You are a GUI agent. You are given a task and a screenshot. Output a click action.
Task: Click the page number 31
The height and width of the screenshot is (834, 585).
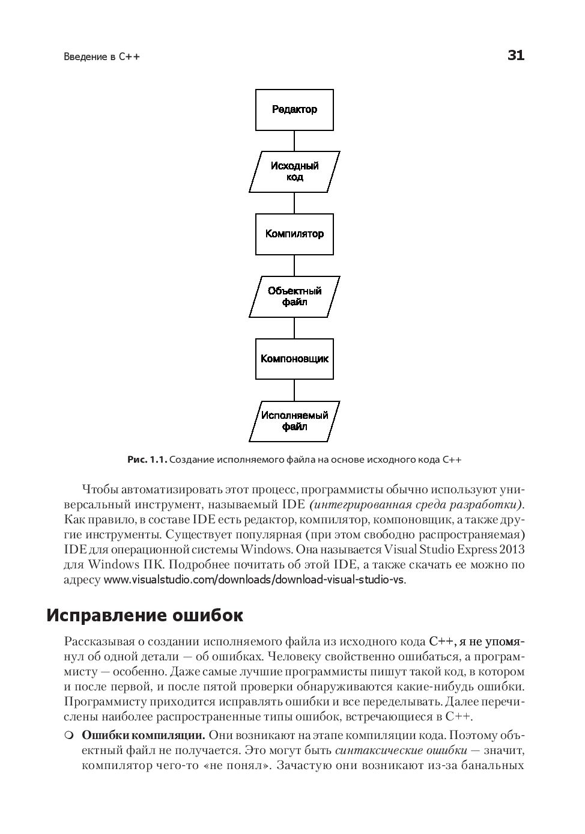[x=515, y=56]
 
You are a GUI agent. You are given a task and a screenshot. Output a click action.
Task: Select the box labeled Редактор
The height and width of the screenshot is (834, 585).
[x=294, y=110]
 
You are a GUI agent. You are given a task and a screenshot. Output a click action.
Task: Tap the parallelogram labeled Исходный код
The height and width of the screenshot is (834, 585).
[x=294, y=172]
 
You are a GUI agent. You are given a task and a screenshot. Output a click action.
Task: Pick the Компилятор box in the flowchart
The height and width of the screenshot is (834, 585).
[x=294, y=234]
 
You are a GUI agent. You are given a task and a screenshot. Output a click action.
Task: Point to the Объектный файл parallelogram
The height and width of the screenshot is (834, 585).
[x=294, y=297]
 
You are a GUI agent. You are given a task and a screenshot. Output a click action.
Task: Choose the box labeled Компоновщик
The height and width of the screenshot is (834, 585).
[x=294, y=359]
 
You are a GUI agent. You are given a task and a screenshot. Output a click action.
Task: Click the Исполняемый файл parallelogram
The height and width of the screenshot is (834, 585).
[x=294, y=421]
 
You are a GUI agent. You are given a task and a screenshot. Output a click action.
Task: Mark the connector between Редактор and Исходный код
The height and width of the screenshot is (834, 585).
[x=294, y=141]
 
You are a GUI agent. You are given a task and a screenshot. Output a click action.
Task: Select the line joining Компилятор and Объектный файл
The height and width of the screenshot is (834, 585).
[x=294, y=266]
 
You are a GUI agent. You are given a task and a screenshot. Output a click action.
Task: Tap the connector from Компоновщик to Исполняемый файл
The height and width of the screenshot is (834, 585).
[x=294, y=390]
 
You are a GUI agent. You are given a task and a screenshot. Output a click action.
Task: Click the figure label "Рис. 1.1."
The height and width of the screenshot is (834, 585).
[x=147, y=460]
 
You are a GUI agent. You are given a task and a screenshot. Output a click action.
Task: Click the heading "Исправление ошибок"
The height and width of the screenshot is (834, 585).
[x=145, y=616]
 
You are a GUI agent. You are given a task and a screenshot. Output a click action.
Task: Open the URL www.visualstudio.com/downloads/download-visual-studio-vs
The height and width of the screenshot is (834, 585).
[x=255, y=580]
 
